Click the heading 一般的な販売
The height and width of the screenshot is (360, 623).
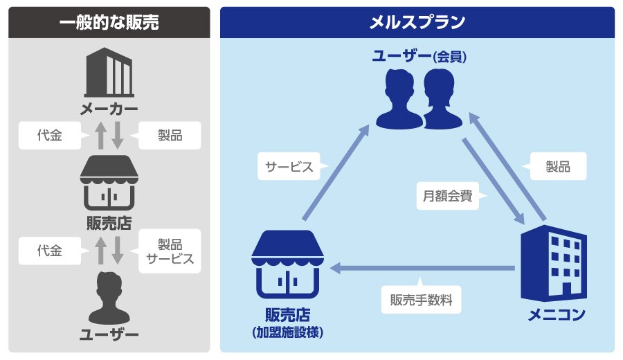(x=109, y=23)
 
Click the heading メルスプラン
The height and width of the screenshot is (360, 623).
(x=417, y=23)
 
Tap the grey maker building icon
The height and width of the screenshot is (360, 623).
(x=109, y=73)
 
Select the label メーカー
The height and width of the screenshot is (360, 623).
(x=109, y=109)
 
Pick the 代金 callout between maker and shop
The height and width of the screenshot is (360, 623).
(x=50, y=136)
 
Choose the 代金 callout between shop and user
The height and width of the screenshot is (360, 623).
(x=50, y=251)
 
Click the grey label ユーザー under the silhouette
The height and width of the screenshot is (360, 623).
(x=109, y=336)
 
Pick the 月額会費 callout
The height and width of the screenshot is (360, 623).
(x=447, y=196)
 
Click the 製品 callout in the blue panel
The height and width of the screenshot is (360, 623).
(x=557, y=167)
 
